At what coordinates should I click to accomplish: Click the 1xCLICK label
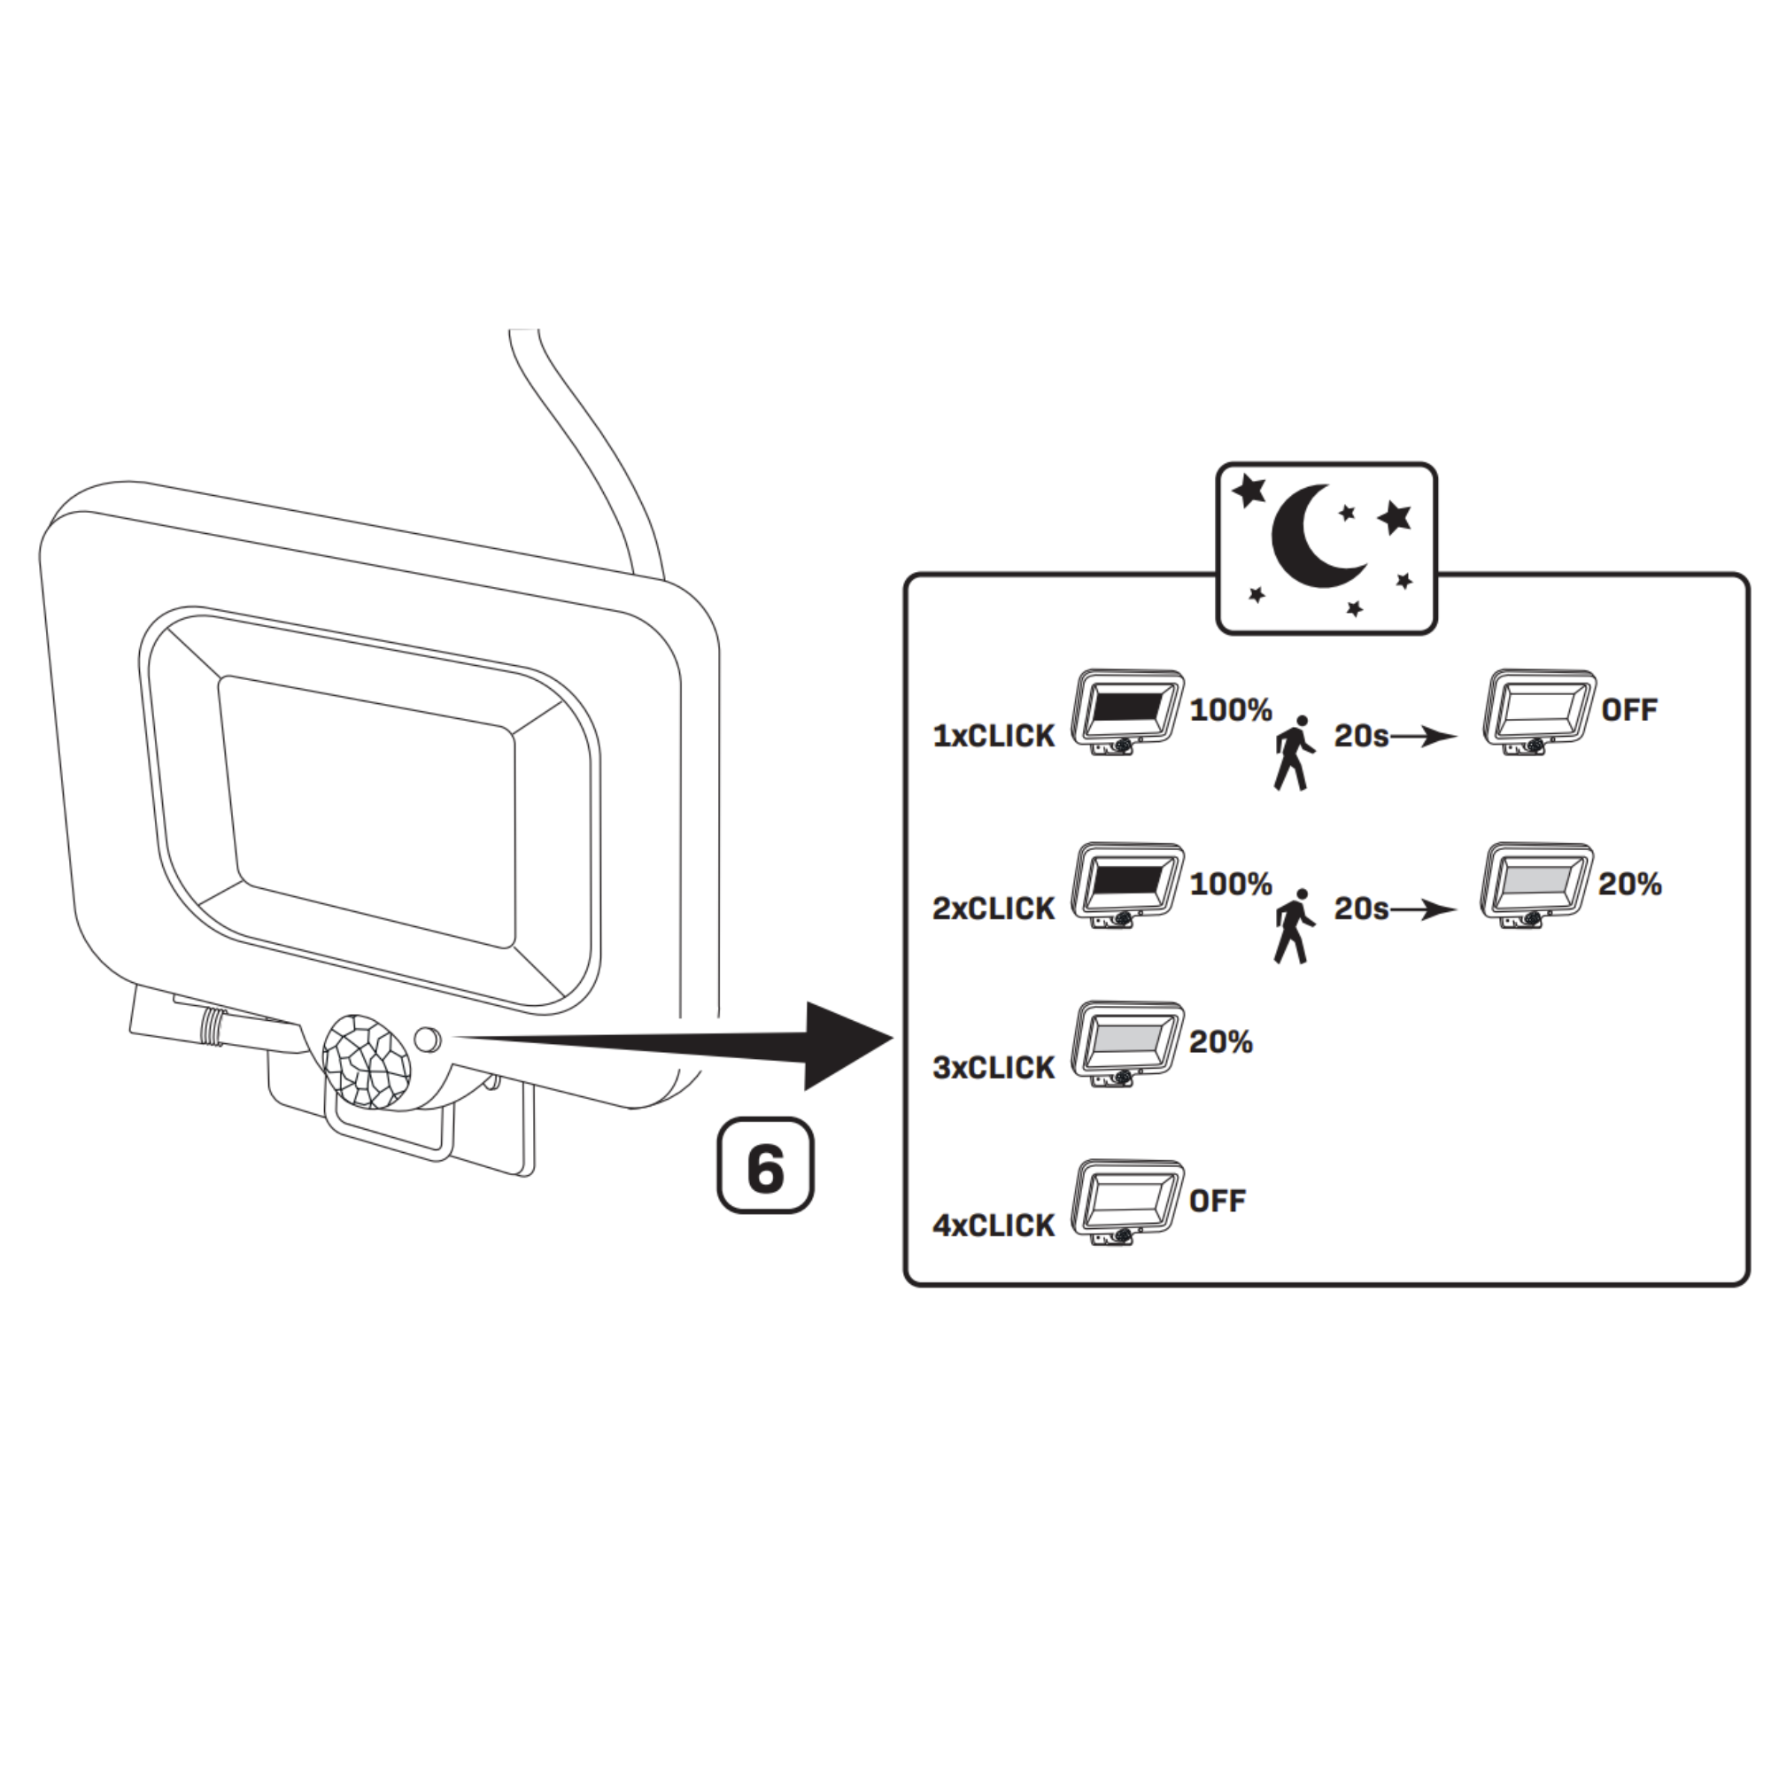click(993, 736)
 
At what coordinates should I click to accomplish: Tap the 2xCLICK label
click(993, 909)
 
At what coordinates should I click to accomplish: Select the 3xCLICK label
click(993, 1067)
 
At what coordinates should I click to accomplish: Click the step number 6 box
click(764, 1165)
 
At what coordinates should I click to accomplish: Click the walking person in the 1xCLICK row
click(1294, 753)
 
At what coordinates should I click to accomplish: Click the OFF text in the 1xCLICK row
click(1629, 709)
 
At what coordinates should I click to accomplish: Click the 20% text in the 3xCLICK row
click(1220, 1041)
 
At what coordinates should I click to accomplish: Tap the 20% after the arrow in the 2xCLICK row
click(1630, 884)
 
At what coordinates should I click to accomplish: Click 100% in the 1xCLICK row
click(1230, 709)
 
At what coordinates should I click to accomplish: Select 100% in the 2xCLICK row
click(1230, 884)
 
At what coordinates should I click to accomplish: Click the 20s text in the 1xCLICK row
click(1361, 735)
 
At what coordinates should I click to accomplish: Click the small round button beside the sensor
click(427, 1040)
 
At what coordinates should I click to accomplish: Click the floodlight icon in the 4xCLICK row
click(1126, 1199)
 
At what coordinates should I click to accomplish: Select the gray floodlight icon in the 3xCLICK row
click(1126, 1041)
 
